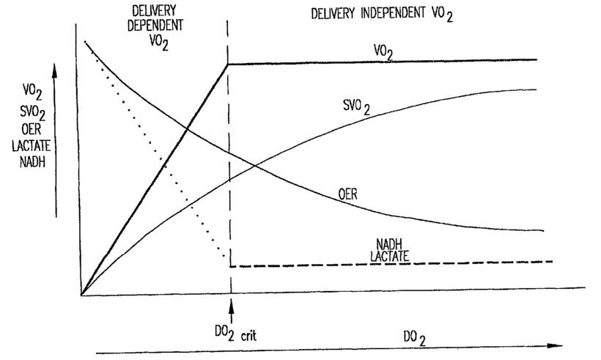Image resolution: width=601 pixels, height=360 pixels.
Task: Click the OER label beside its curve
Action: coord(349,194)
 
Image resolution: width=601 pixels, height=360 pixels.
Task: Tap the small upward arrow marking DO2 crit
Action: coord(232,309)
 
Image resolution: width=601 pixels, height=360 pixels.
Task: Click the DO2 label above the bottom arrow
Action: coord(415,337)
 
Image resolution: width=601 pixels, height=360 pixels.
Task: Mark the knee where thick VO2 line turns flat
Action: coord(228,64)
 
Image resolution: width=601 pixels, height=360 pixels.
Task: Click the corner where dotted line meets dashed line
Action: coord(229,265)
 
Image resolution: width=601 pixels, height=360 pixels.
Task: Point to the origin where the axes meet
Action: coord(81,295)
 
